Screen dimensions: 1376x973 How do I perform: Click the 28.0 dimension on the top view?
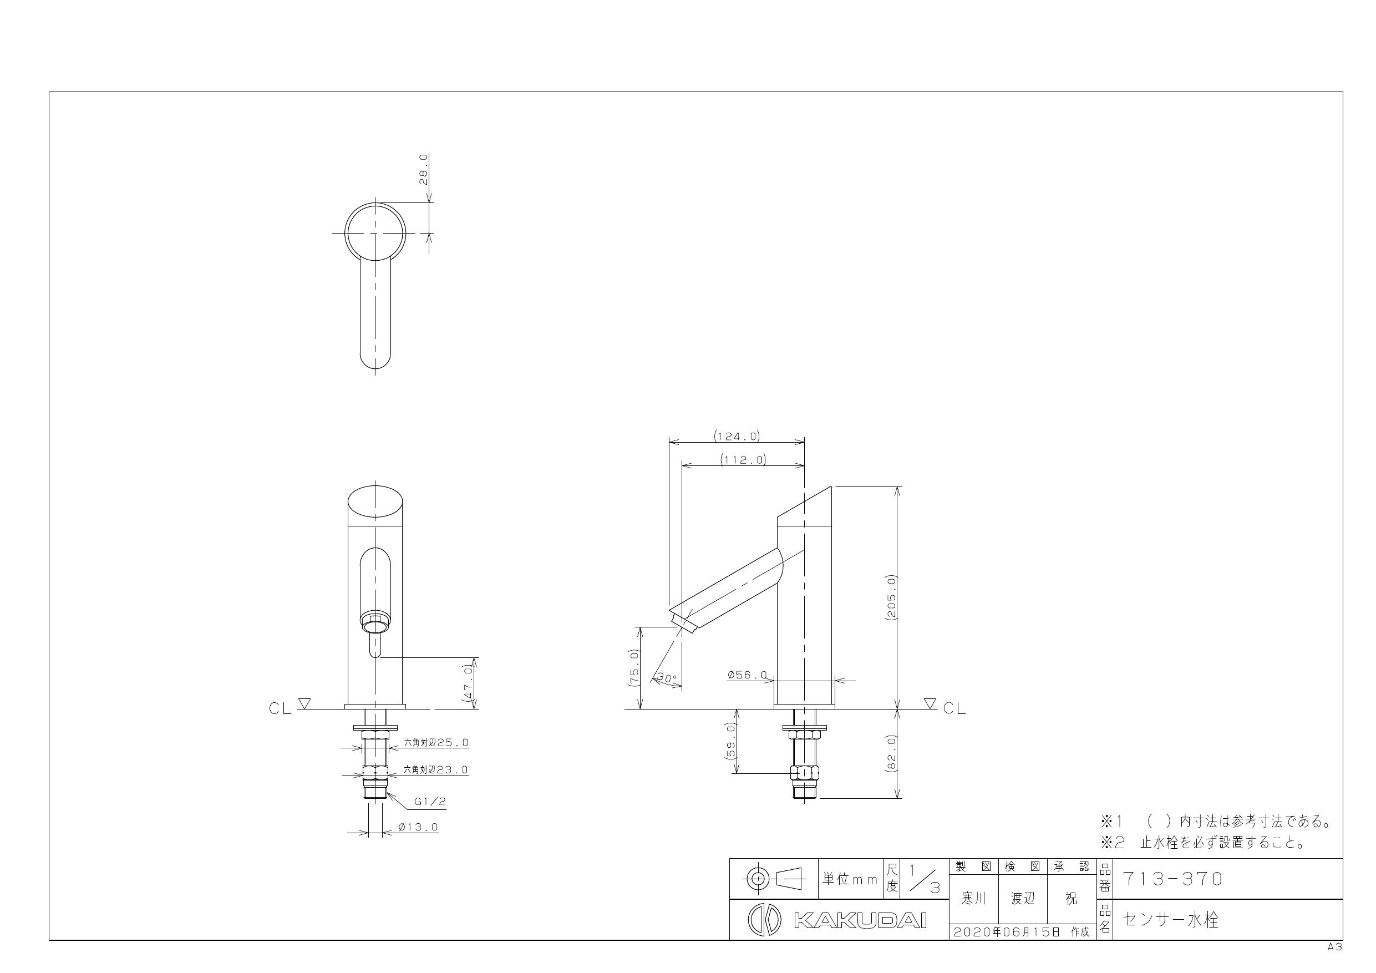click(424, 170)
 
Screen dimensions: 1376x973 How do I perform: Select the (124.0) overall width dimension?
click(737, 436)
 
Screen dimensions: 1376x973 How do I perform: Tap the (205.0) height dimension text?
click(891, 597)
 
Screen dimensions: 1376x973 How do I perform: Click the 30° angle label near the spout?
click(667, 678)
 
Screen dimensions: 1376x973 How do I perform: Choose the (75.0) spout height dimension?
click(634, 667)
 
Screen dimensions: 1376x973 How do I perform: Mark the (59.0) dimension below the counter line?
click(730, 741)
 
